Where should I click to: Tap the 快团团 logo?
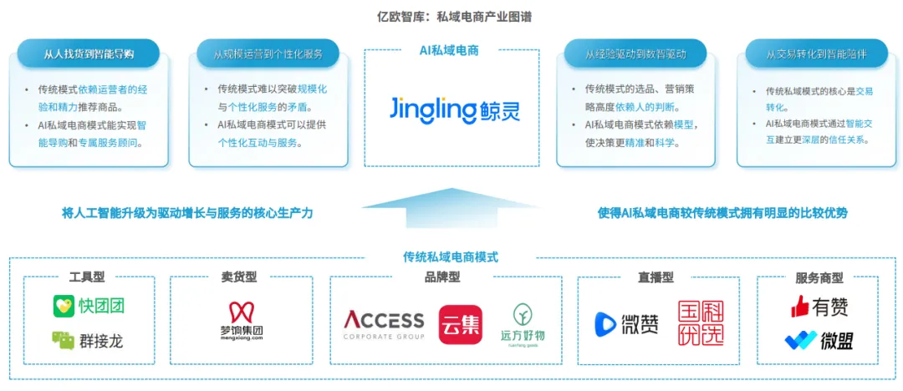(x=89, y=306)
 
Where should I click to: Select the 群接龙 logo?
(x=88, y=340)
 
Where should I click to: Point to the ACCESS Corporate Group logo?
(x=384, y=324)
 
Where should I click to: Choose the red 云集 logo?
(x=461, y=325)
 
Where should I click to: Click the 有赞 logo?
(x=819, y=307)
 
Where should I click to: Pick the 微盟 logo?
(x=819, y=341)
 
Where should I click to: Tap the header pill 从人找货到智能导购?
(x=89, y=55)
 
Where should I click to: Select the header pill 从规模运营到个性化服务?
(x=268, y=55)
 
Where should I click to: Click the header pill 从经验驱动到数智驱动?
(x=635, y=55)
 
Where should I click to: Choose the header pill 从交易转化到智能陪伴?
(x=815, y=55)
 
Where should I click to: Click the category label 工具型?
(x=88, y=277)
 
